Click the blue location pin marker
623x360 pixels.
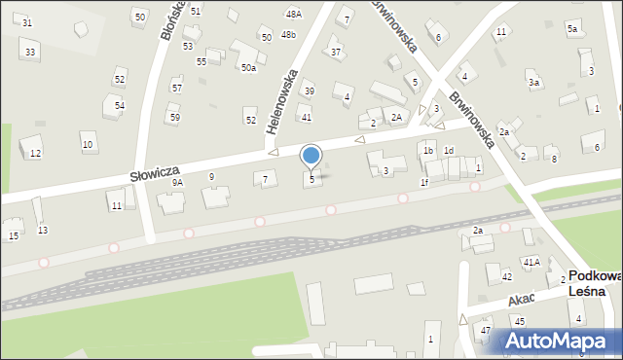pos(311,156)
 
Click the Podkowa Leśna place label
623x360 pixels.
pos(590,283)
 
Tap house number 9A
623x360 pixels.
pos(177,182)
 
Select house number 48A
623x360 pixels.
pos(293,15)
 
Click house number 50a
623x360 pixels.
pos(248,67)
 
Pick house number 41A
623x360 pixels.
pos(531,262)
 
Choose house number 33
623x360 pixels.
pos(31,52)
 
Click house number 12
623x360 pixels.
pos(35,154)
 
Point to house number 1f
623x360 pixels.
pos(424,182)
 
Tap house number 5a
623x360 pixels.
pos(573,30)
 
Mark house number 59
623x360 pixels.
pos(174,118)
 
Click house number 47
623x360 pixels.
pos(486,331)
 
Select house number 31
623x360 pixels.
pos(26,22)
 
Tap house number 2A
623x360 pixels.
pos(396,117)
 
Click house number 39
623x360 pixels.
pos(309,91)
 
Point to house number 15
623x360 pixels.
pos(14,236)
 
